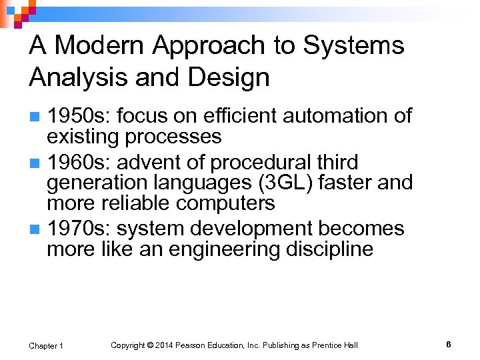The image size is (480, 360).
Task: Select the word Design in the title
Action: click(229, 78)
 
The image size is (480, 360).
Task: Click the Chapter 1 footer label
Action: click(46, 345)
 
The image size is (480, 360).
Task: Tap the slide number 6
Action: click(448, 345)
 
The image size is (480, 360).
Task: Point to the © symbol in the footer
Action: click(151, 345)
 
